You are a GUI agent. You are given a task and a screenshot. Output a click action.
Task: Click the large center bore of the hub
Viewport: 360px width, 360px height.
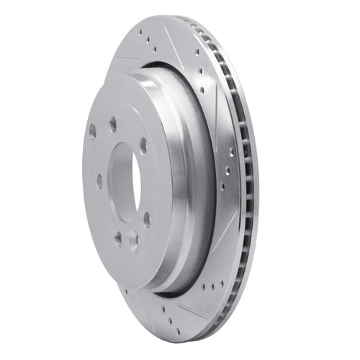click(x=125, y=182)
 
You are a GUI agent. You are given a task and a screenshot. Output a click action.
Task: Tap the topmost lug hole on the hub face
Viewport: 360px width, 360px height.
click(x=113, y=123)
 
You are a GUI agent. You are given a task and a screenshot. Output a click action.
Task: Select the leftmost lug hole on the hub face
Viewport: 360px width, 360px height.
click(x=93, y=130)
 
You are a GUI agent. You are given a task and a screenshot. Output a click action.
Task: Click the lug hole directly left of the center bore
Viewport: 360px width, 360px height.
click(x=99, y=181)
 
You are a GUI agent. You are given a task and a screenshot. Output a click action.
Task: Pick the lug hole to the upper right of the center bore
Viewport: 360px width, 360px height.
click(x=144, y=145)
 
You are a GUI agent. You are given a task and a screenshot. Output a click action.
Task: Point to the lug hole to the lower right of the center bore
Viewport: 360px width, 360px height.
click(x=147, y=218)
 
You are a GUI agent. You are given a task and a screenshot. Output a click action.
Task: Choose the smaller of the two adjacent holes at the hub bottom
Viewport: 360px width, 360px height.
click(x=118, y=238)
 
